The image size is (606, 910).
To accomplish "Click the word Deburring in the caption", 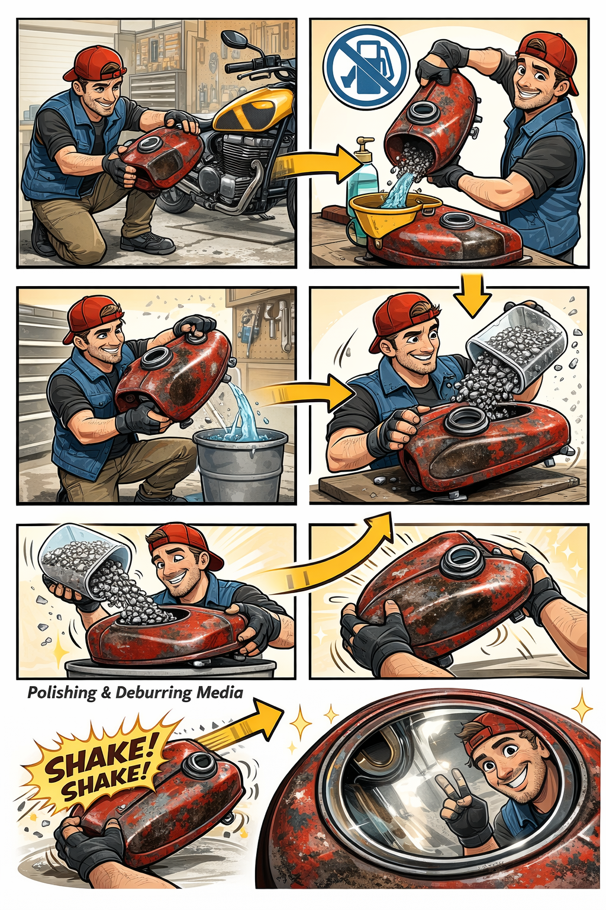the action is click(153, 693).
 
